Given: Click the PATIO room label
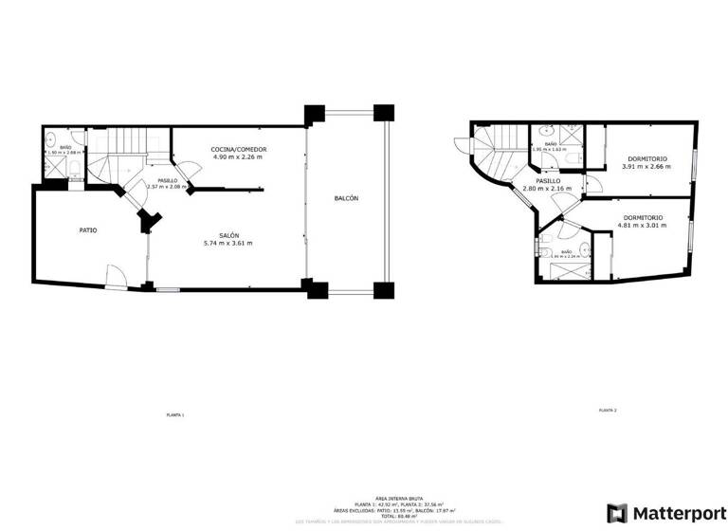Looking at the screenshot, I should [x=87, y=230].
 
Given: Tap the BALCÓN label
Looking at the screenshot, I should [x=346, y=198].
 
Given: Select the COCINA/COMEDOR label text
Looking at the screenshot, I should [x=239, y=149].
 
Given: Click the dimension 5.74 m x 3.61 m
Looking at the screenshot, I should [x=227, y=244].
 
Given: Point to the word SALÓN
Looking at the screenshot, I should [x=227, y=235].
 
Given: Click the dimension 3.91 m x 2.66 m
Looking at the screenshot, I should [x=646, y=167].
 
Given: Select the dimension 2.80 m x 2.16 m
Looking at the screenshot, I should [x=548, y=188].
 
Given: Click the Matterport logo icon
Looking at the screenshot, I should [x=616, y=513].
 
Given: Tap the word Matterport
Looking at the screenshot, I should [x=677, y=513].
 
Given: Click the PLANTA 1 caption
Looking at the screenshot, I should [x=175, y=415].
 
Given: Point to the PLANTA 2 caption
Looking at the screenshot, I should [x=608, y=410].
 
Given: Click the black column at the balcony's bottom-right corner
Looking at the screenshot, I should [x=383, y=289].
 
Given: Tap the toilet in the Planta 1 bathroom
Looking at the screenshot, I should [x=73, y=169].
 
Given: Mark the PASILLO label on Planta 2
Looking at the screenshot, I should [x=548, y=180].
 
